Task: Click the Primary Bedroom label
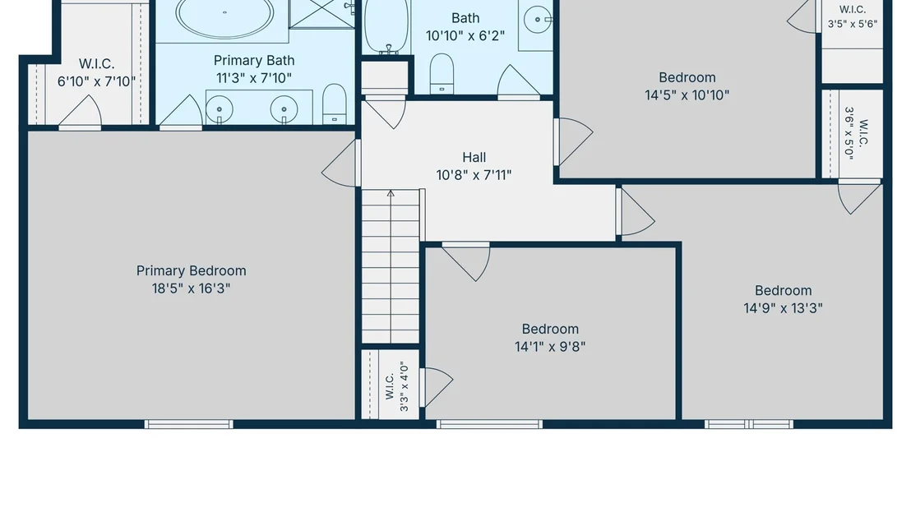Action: coord(191,271)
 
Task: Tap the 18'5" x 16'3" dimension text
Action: coord(191,288)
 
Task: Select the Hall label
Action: coord(474,157)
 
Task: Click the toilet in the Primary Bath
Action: coord(334,104)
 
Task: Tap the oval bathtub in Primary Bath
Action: coord(224,16)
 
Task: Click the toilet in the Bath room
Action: coord(442,74)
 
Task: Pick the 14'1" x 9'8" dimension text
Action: coord(549,347)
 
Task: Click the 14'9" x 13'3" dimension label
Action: coord(784,308)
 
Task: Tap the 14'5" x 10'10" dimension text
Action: coord(687,95)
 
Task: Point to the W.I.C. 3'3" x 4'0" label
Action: coord(397,386)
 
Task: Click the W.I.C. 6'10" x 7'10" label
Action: coord(96,72)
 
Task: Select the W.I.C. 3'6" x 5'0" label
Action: coord(857,133)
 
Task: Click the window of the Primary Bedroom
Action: coord(189,424)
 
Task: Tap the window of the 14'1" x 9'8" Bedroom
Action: coord(489,424)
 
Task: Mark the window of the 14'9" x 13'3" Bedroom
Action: coord(749,424)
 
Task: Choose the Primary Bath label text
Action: coord(254,60)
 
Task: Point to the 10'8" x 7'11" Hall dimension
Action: coord(474,175)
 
